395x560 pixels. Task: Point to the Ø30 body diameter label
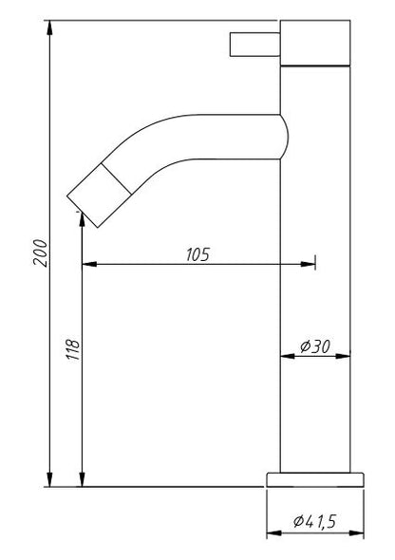pyautogui.click(x=314, y=346)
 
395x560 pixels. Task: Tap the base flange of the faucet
pyautogui.click(x=315, y=477)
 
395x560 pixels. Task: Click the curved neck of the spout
pyautogui.click(x=209, y=133)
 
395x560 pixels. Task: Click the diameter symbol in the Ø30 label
pyautogui.click(x=304, y=346)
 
